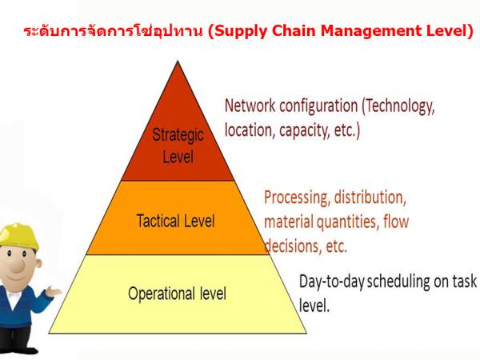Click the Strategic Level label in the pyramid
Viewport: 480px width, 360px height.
(178, 145)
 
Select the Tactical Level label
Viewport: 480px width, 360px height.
(175, 221)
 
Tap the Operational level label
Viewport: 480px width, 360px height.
(177, 294)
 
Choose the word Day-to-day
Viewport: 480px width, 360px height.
(330, 282)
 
